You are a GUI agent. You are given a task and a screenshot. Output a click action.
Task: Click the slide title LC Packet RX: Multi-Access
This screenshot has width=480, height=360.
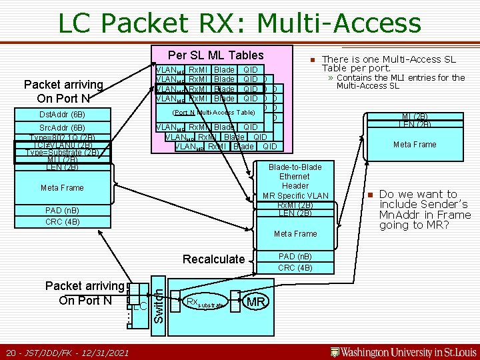[x=239, y=23]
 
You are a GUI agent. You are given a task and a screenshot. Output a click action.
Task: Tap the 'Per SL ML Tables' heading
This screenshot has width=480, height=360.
[x=215, y=55]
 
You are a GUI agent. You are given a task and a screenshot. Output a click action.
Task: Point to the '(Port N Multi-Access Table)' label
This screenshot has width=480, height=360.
[x=214, y=113]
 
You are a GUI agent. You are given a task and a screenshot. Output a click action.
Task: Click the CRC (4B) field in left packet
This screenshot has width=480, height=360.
[x=63, y=222]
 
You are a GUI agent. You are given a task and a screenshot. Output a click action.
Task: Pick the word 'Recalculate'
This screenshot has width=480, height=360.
[x=214, y=259]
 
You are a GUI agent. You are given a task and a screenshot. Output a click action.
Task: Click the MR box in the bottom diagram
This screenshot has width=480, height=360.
[x=257, y=303]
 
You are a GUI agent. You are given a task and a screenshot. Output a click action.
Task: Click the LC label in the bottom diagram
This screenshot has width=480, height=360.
[x=139, y=306]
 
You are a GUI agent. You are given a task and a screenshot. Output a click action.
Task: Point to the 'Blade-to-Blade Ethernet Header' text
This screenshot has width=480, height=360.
[x=295, y=176]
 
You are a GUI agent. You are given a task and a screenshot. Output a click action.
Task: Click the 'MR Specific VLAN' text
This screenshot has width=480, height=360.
[x=295, y=195]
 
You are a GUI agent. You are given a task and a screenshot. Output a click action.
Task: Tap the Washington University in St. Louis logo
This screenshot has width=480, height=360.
[x=403, y=352]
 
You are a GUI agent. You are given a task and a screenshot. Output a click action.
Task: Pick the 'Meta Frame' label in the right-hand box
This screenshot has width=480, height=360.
[x=415, y=144]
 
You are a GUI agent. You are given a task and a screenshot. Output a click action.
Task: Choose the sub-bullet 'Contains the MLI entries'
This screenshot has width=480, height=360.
[x=401, y=81]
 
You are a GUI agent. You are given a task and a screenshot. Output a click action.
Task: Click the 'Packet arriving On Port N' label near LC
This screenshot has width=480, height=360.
[x=85, y=293]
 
